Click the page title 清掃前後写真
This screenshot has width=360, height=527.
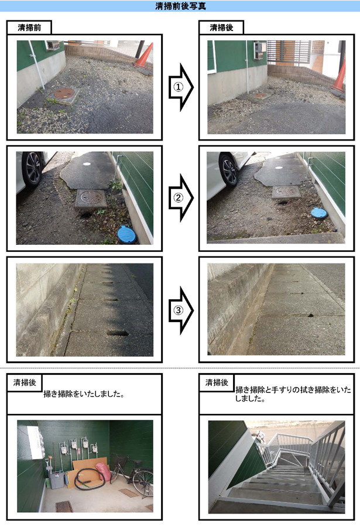pyautogui.click(x=180, y=6)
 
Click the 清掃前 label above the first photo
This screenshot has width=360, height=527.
pyautogui.click(x=29, y=28)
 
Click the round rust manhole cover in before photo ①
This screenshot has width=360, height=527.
pyautogui.click(x=64, y=93)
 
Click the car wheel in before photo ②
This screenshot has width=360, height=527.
pyautogui.click(x=32, y=169)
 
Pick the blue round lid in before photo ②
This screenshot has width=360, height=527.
pyautogui.click(x=126, y=234)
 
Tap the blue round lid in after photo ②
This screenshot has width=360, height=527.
pyautogui.click(x=319, y=213)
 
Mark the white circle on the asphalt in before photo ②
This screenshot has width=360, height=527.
pyautogui.click(x=87, y=164)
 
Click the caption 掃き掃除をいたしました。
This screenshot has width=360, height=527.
pyautogui.click(x=84, y=394)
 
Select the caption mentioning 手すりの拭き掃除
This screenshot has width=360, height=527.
pyautogui.click(x=293, y=394)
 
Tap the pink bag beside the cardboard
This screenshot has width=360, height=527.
pyautogui.click(x=103, y=472)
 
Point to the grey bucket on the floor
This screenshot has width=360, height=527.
pyautogui.click(x=57, y=480)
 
